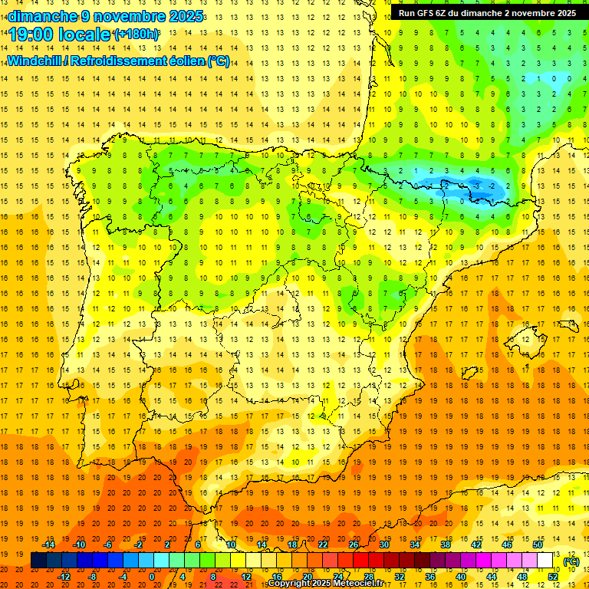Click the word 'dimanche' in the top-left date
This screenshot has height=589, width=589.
pyautogui.click(x=43, y=16)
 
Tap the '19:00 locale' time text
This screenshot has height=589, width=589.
pyautogui.click(x=60, y=35)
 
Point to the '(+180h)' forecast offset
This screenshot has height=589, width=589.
pyautogui.click(x=136, y=35)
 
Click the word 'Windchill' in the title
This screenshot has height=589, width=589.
pyautogui.click(x=36, y=61)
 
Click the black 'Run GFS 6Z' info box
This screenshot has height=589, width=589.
pyautogui.click(x=488, y=13)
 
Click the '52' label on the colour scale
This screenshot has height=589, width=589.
pyautogui.click(x=553, y=577)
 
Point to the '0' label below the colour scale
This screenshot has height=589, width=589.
pyautogui.click(x=152, y=577)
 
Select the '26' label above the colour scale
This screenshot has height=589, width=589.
pyautogui.click(x=354, y=545)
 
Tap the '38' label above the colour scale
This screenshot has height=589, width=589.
pyautogui.click(x=445, y=545)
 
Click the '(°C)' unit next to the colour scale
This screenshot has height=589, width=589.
pyautogui.click(x=571, y=561)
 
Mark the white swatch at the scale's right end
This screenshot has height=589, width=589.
pyautogui.click(x=545, y=561)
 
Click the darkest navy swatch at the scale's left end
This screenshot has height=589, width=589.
pyautogui.click(x=39, y=561)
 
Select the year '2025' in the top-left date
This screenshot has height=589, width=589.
pyautogui.click(x=184, y=16)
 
